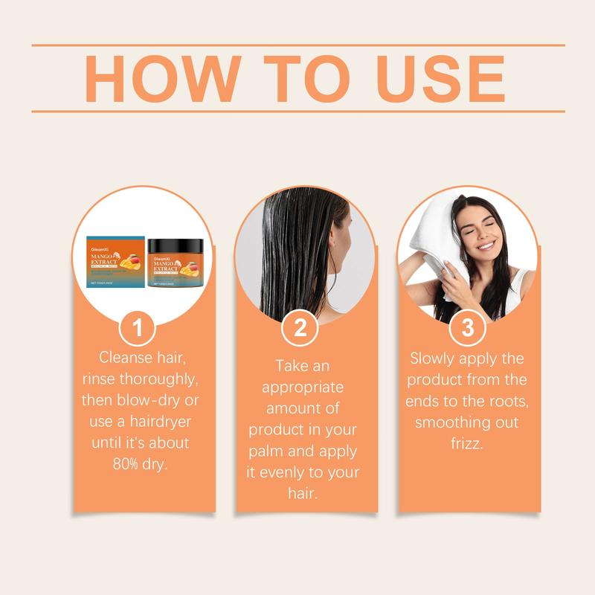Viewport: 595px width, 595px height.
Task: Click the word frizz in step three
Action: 467,443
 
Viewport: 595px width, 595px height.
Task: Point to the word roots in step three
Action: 506,401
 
